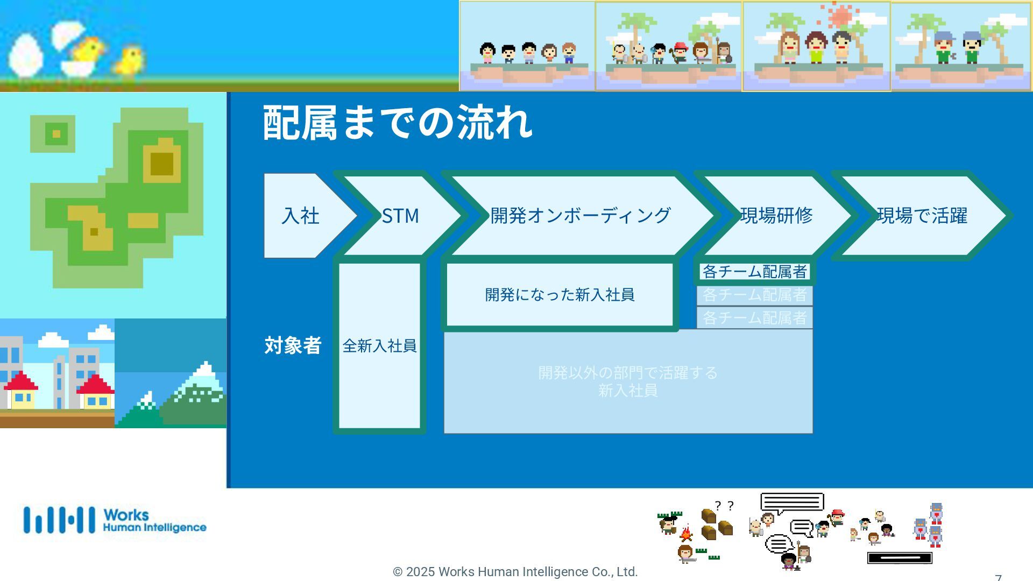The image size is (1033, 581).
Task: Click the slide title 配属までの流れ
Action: pos(398,123)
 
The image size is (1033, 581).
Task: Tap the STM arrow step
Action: pos(400,216)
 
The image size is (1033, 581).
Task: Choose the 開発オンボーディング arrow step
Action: pos(580,216)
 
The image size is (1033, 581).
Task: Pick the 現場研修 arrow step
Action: pos(776,216)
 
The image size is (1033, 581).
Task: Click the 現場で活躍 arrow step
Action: pos(922,216)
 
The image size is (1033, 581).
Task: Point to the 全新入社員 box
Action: pos(379,345)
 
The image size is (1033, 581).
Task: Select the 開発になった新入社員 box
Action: pos(560,295)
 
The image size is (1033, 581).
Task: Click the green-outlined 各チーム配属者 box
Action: pos(754,272)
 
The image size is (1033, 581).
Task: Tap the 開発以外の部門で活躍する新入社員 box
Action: pos(627,381)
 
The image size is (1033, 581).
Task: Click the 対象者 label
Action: pos(293,345)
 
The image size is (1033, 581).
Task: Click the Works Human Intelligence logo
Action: pos(115,520)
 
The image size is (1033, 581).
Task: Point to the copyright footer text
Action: pos(515,572)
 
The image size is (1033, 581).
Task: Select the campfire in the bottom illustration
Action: pos(686,534)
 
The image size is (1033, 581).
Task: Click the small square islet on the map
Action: pos(56,133)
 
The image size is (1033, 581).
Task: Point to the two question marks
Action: pos(724,506)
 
